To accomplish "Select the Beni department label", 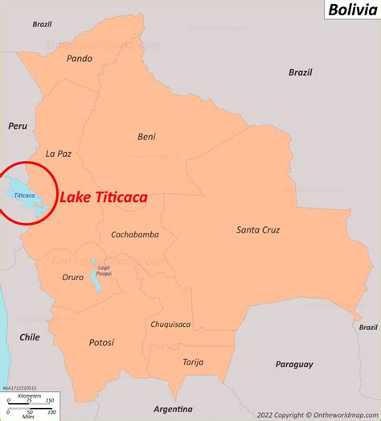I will pyautogui.click(x=146, y=136).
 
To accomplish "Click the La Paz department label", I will pyautogui.click(x=59, y=154).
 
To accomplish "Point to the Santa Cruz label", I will pyautogui.click(x=258, y=229).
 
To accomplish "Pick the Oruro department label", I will pyautogui.click(x=72, y=277).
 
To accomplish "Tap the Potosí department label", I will pyautogui.click(x=102, y=342).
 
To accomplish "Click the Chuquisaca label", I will pyautogui.click(x=170, y=324).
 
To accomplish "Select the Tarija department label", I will pyautogui.click(x=194, y=361).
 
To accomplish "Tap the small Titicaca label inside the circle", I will pyautogui.click(x=24, y=196).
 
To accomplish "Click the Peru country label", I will pyautogui.click(x=18, y=126).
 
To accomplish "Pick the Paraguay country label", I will pyautogui.click(x=293, y=364).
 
